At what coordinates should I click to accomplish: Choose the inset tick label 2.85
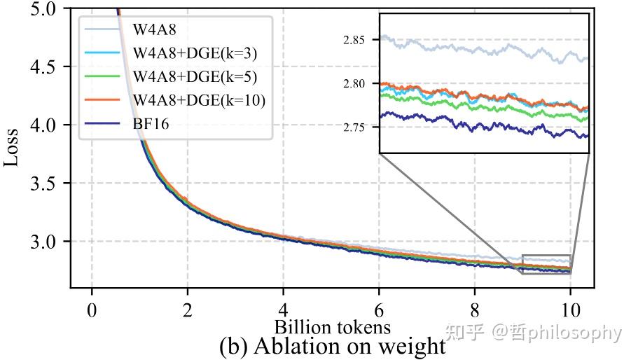[354, 40]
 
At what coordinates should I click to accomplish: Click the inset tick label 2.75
[354, 127]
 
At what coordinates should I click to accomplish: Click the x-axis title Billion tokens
[332, 326]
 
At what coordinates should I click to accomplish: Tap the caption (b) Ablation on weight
[332, 346]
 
